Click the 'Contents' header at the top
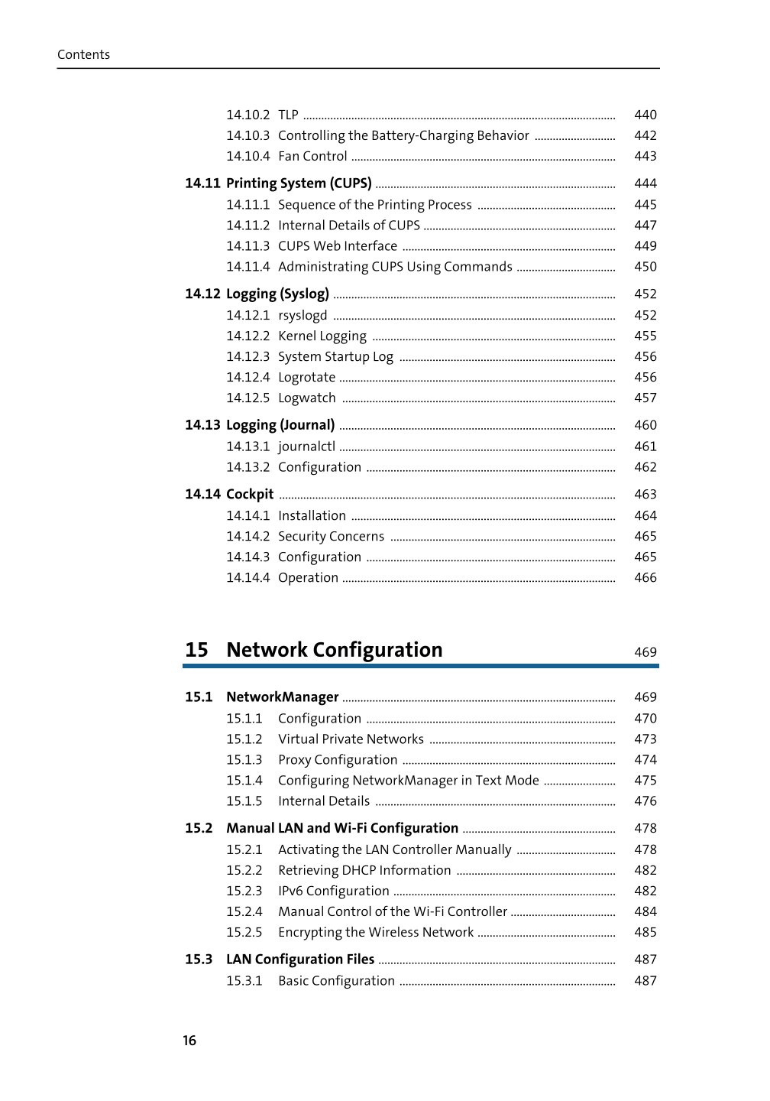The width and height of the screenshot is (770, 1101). (x=83, y=54)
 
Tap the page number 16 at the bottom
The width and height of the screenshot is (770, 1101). (x=189, y=1040)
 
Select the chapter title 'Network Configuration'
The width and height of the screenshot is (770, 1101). (x=334, y=650)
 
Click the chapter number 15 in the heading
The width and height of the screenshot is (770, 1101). (x=196, y=650)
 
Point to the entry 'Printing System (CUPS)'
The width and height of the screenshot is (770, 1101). (x=299, y=183)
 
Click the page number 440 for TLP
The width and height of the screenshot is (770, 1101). (x=645, y=115)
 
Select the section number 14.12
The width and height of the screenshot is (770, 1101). (x=202, y=294)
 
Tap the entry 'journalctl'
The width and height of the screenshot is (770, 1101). (x=306, y=447)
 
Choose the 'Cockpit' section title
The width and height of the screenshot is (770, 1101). (x=250, y=494)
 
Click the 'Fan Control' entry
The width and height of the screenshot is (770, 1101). (x=312, y=156)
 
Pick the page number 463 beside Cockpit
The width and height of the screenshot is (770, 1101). (x=645, y=495)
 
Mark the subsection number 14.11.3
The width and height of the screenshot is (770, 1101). (x=247, y=246)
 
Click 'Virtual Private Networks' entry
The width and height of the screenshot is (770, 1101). (x=351, y=739)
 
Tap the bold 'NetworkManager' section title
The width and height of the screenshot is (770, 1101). (x=282, y=697)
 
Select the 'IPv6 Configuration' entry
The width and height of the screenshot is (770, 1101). (x=334, y=891)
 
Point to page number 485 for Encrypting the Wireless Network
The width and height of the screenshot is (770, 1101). (x=645, y=932)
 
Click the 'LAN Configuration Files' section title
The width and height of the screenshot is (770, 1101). (x=300, y=960)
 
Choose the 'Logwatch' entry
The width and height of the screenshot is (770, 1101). (x=307, y=398)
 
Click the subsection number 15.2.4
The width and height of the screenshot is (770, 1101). (x=244, y=911)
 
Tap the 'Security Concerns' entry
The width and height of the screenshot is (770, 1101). (x=331, y=537)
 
